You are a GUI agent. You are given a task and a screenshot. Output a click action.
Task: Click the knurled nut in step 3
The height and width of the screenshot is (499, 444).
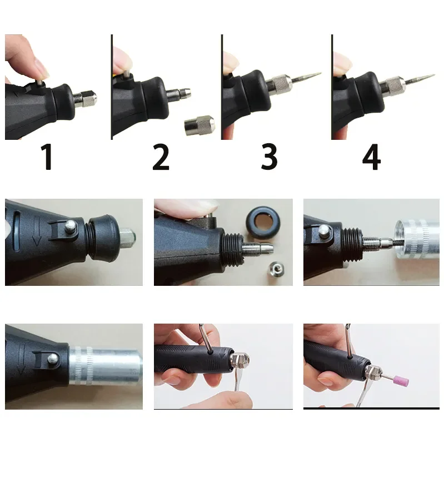(278, 84)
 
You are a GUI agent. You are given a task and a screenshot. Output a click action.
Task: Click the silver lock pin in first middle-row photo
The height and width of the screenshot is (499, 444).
(72, 226)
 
